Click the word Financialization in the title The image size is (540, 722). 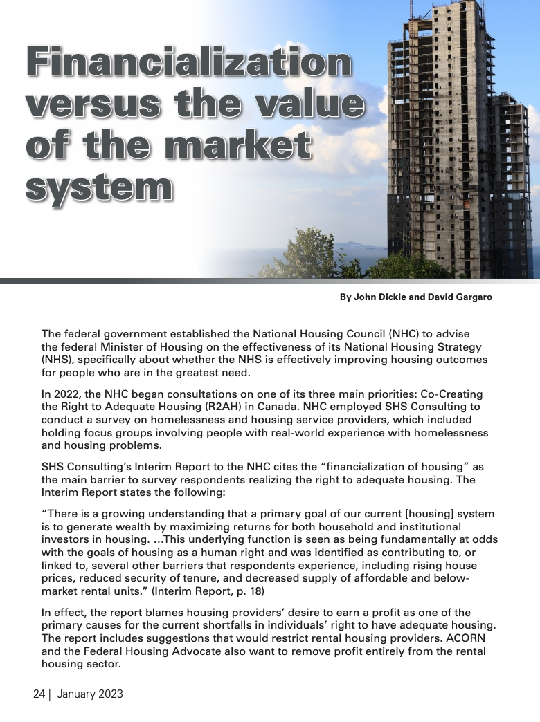click(x=188, y=63)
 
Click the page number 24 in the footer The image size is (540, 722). click(x=39, y=694)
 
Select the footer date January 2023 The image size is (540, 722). click(x=90, y=694)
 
